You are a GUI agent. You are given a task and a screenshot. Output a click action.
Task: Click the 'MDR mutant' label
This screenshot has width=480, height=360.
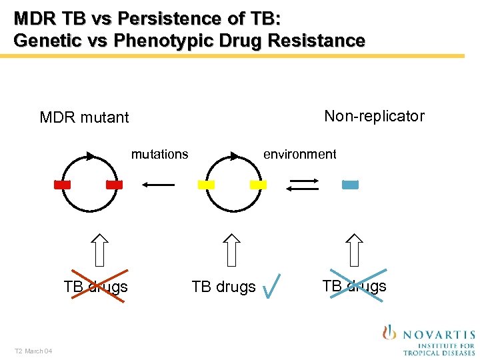(x=84, y=118)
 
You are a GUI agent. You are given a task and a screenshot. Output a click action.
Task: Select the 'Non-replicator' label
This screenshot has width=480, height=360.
(x=374, y=116)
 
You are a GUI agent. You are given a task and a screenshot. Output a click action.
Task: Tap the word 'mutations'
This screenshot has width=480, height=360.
(x=159, y=155)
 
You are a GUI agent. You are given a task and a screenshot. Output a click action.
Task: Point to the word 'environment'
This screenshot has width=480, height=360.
(x=299, y=155)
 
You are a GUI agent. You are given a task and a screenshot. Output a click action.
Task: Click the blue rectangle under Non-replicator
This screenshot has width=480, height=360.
(x=350, y=185)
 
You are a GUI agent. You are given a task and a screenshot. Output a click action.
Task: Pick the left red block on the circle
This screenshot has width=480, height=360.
(x=62, y=185)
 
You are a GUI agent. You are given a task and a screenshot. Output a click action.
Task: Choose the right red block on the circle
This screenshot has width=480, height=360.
(x=114, y=185)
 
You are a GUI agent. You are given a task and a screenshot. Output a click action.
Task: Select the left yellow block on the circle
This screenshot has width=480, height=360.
(x=206, y=185)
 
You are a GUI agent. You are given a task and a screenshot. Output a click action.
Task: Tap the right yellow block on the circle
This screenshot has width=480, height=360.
(x=258, y=185)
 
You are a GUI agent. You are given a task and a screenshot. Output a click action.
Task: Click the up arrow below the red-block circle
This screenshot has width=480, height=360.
(x=100, y=250)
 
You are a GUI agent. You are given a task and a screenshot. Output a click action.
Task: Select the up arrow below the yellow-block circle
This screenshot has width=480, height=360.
(x=231, y=250)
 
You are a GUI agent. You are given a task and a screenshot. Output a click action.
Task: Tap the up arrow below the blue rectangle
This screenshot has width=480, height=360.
(x=355, y=250)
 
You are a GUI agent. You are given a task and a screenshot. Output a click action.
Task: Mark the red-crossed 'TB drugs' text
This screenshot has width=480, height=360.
(x=95, y=287)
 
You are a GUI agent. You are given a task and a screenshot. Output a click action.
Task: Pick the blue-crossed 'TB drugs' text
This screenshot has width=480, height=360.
(x=354, y=286)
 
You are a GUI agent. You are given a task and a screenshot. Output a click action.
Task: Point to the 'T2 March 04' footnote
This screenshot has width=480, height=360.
(x=34, y=351)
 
